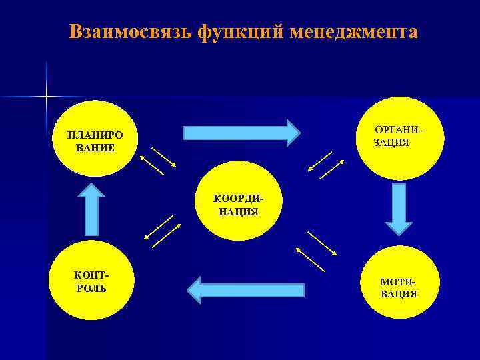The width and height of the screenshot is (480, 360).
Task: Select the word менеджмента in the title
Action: (x=354, y=32)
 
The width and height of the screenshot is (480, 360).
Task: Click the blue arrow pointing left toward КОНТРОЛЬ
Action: (x=246, y=289)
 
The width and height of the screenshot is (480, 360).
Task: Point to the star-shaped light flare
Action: (x=47, y=97)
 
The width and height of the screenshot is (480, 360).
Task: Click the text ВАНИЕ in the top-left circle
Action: (x=95, y=147)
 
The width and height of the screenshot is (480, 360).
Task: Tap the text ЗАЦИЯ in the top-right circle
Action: (x=391, y=143)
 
